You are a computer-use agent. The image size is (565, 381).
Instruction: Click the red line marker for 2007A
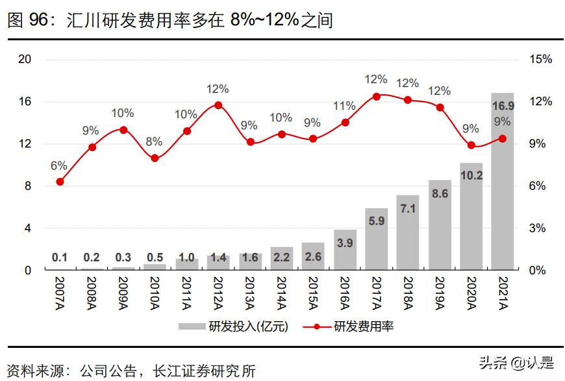point(60,181)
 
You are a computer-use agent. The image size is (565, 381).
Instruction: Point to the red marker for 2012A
point(218,105)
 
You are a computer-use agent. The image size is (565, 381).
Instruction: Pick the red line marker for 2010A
point(155,158)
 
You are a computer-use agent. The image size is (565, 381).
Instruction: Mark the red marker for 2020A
point(471,145)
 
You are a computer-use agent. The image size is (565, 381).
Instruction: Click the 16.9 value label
point(502,105)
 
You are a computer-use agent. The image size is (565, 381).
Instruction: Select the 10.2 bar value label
point(471,175)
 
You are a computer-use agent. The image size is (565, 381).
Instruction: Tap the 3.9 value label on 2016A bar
point(345,243)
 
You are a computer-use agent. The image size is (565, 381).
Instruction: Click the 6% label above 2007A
point(59,165)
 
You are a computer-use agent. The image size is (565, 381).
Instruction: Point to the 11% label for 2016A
point(344,106)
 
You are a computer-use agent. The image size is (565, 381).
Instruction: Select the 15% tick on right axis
point(540,59)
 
